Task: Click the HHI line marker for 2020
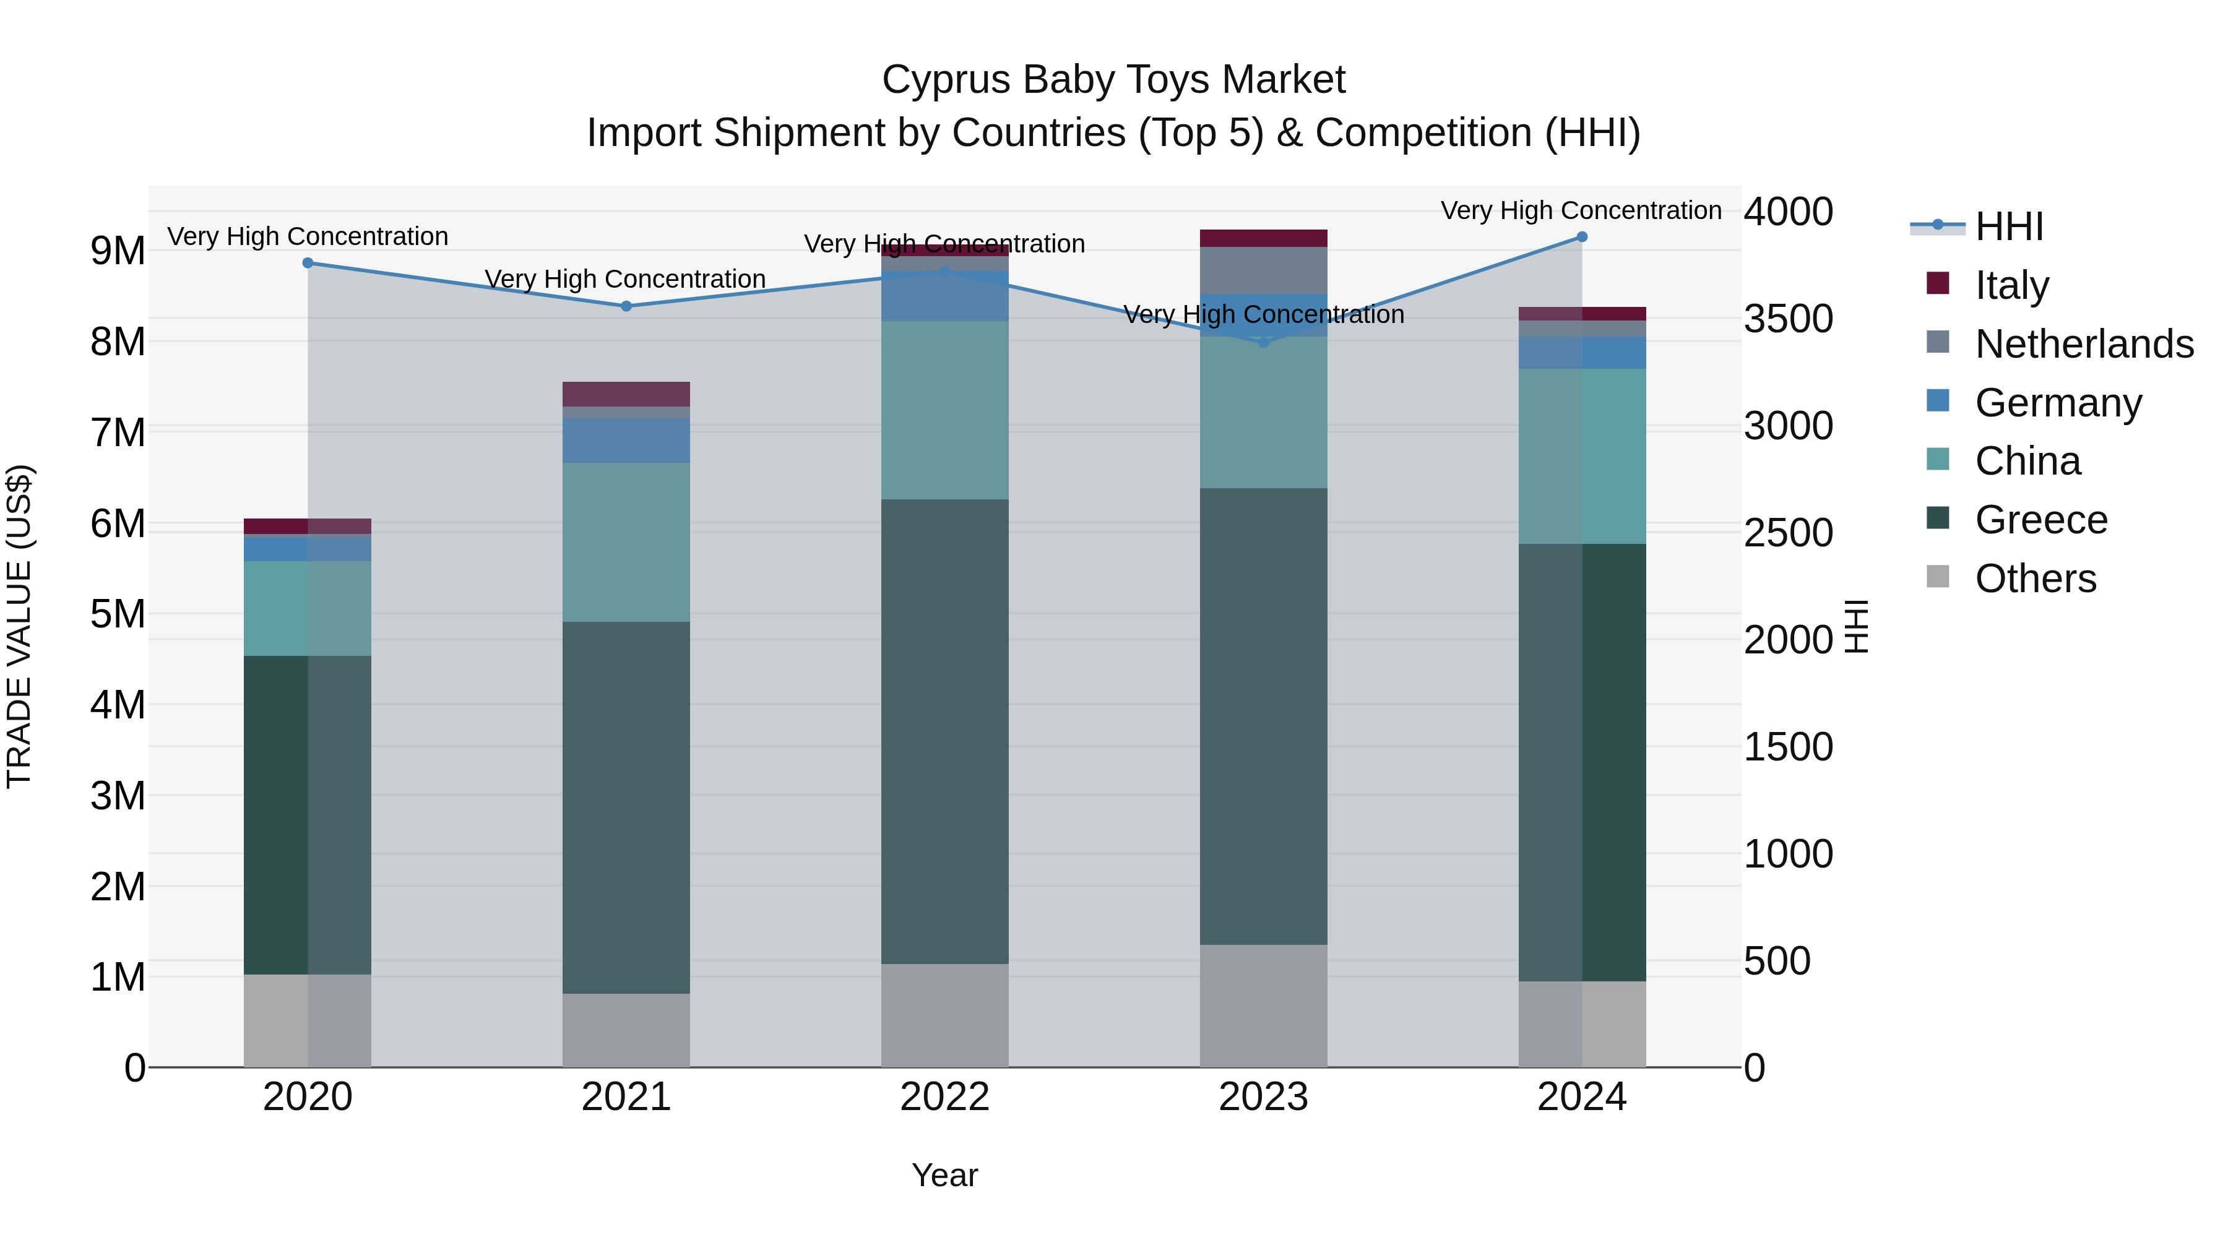[308, 263]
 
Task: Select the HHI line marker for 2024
[1582, 237]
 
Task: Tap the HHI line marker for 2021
[626, 306]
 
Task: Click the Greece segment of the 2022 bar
[944, 731]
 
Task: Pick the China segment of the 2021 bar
[626, 542]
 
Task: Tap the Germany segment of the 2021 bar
[626, 441]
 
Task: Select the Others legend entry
[2034, 579]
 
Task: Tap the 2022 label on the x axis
[944, 1097]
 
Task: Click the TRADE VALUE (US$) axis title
[19, 626]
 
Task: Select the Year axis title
[944, 1175]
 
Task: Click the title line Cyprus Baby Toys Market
[1113, 80]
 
